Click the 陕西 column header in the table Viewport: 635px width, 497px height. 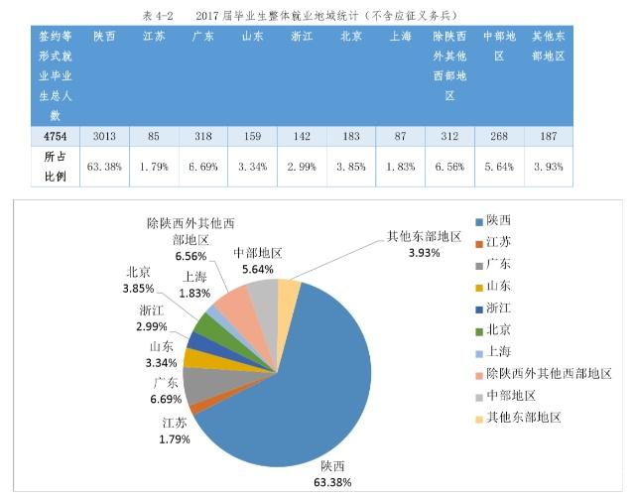[x=104, y=37]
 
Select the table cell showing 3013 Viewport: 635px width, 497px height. [x=104, y=136]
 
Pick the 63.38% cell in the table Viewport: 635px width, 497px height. [x=104, y=166]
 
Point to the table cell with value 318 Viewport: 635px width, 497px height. [x=203, y=136]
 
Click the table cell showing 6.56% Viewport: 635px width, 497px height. [x=449, y=166]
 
